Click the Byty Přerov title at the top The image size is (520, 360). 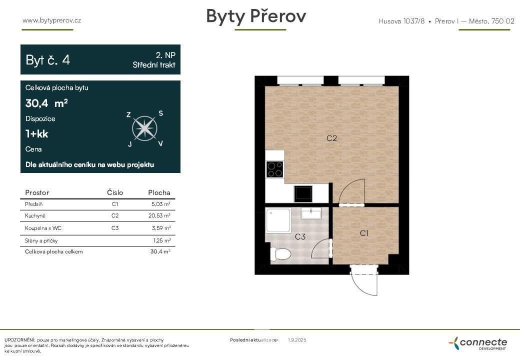point(256,16)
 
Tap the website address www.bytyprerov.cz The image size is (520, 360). point(51,20)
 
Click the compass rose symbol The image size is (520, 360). point(144,128)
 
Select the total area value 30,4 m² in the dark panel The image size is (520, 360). point(46,103)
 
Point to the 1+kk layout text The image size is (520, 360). point(36,134)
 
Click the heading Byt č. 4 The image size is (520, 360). point(48,60)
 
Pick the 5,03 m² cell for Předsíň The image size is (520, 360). point(160,204)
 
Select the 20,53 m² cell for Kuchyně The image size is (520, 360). point(159,215)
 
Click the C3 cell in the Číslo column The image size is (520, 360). point(115,228)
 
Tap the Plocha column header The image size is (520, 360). point(159,192)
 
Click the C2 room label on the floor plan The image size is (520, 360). point(331,138)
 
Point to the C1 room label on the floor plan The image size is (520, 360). point(364,233)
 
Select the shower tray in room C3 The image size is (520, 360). point(278,220)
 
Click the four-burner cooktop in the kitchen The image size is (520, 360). point(274,169)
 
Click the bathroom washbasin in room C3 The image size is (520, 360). point(311,214)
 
